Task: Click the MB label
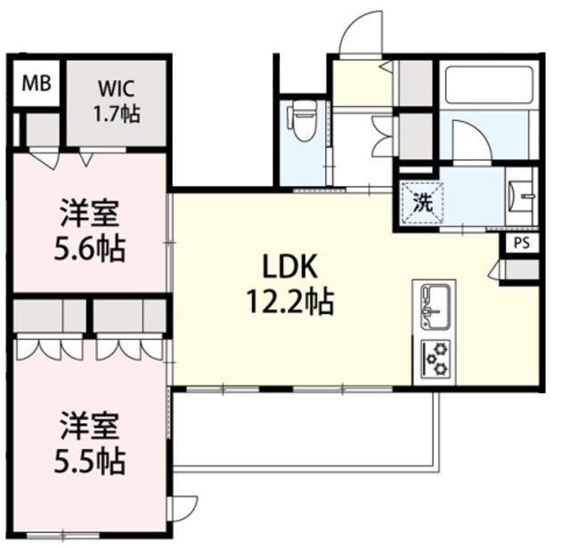(37, 84)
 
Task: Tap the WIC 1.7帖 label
(117, 101)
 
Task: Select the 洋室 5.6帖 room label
(90, 230)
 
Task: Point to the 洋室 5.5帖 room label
(90, 442)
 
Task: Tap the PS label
(522, 244)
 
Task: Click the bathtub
(489, 85)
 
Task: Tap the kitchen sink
(436, 307)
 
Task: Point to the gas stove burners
(436, 359)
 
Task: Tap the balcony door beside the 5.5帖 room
(183, 509)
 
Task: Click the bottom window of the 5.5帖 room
(63, 535)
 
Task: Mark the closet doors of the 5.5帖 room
(90, 349)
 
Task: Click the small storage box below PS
(521, 270)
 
